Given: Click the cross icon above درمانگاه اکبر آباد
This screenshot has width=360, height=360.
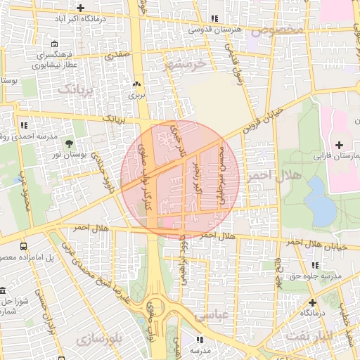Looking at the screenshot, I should coord(81,8).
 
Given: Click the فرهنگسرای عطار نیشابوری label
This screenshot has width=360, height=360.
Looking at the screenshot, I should coord(53,61).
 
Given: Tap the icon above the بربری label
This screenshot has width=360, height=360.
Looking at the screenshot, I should coord(136,83).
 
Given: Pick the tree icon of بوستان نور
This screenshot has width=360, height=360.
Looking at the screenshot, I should coord(69,141).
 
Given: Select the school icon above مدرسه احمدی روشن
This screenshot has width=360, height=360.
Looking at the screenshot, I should coord(25,125).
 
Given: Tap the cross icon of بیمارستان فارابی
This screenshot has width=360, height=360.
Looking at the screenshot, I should coord(340,144).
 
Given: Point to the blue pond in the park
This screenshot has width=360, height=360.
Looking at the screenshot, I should coord(320,199).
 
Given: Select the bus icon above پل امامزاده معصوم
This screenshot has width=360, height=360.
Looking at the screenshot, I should coord(24,247).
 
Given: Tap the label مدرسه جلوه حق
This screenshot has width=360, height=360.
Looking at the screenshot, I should coord(318,276).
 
